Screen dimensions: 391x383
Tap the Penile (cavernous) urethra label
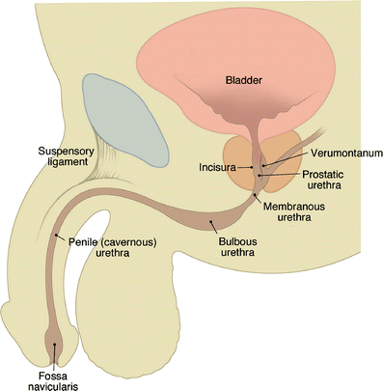pos(112,246)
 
